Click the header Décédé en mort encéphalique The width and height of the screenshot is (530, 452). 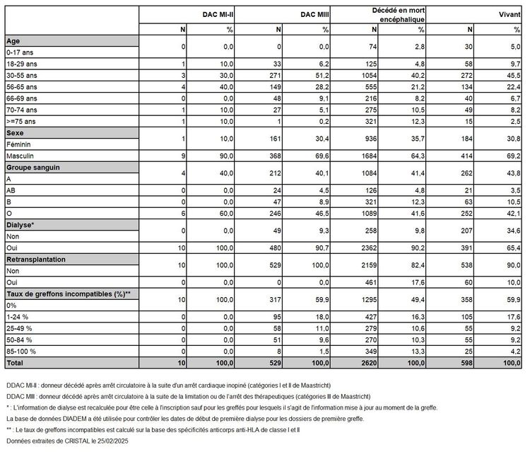(x=399, y=16)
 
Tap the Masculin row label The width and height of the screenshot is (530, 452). (x=20, y=155)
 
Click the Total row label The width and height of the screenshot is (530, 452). (x=16, y=362)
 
